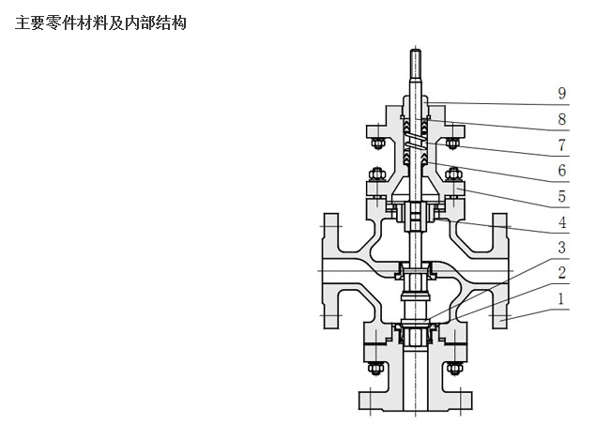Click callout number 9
[561, 94]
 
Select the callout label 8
[561, 120]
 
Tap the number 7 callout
[561, 145]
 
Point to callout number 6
[561, 172]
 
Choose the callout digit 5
[561, 197]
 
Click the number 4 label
[561, 223]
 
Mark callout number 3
[561, 249]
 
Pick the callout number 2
[561, 274]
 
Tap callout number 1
[561, 299]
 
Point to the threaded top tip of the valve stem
[414, 66]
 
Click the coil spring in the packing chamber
[414, 141]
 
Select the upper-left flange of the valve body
[331, 238]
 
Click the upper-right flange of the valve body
[497, 238]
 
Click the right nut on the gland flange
[452, 144]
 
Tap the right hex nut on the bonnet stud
[454, 174]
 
